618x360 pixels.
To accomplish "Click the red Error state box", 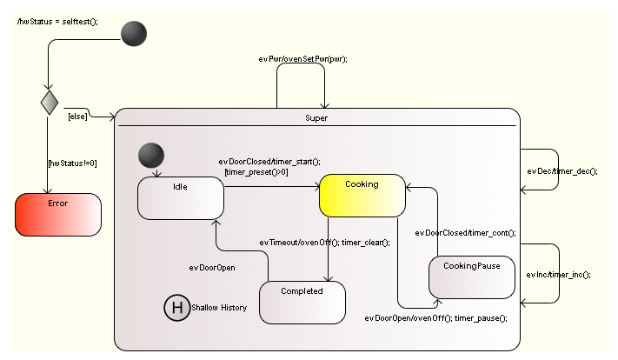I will (58, 215).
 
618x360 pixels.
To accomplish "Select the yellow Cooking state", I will (362, 196).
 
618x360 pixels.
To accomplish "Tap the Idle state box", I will (181, 197).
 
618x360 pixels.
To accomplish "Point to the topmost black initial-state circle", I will (133, 34).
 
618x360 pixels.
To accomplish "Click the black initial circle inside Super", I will (150, 156).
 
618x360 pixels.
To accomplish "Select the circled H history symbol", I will (176, 307).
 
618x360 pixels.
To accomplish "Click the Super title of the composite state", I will (317, 117).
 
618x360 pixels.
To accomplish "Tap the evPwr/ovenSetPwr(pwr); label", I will (297, 58).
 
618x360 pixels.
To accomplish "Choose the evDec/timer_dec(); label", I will (562, 170).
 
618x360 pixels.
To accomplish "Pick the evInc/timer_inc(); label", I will (558, 275).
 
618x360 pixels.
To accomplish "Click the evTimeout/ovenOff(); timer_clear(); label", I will (324, 242).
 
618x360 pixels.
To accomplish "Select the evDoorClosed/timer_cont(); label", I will (465, 233).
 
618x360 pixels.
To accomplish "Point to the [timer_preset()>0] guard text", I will (256, 172).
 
